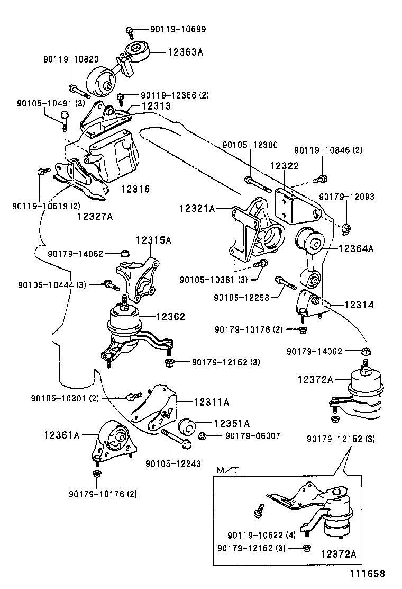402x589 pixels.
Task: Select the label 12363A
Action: (186, 52)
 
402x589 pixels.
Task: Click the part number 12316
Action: (135, 189)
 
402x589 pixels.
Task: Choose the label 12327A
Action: (95, 216)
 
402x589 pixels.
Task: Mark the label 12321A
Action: (197, 209)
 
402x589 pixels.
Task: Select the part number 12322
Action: (284, 166)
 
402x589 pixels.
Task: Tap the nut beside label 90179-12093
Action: (347, 228)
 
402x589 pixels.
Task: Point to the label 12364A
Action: (356, 248)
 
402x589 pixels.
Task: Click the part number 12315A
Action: (153, 240)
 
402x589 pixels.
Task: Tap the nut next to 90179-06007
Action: (204, 436)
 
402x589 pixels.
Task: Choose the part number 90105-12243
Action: (173, 463)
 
